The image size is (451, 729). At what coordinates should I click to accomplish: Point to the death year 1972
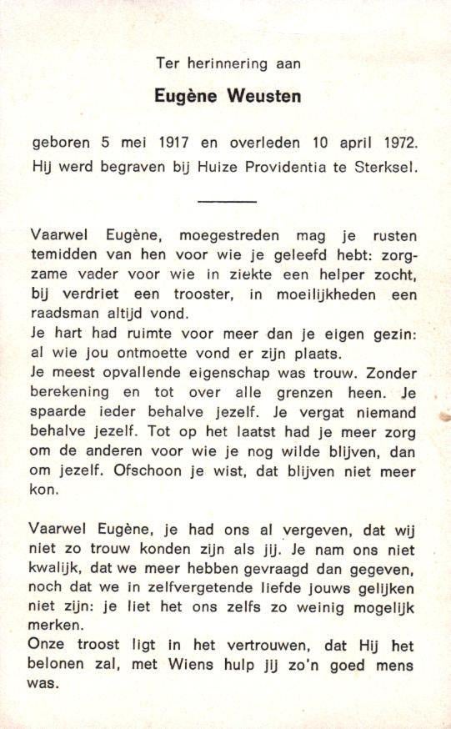point(395,143)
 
